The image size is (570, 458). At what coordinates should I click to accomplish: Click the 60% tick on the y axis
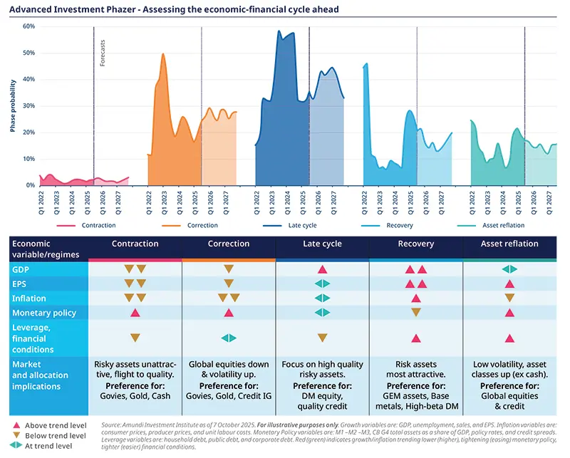click(x=28, y=26)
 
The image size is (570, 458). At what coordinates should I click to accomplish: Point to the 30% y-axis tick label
click(x=28, y=106)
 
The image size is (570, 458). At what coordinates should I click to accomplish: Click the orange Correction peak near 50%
click(x=163, y=55)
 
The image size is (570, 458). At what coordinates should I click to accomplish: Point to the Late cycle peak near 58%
click(x=279, y=32)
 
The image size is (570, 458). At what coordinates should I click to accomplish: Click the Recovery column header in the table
click(x=415, y=244)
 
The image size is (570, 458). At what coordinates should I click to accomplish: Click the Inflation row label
click(x=29, y=298)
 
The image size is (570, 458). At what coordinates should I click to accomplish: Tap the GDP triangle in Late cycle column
click(x=322, y=269)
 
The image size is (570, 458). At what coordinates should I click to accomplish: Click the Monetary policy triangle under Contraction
click(x=135, y=313)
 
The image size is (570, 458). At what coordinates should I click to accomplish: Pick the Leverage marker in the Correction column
click(x=229, y=338)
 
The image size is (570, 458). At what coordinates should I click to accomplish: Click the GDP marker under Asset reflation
click(x=509, y=269)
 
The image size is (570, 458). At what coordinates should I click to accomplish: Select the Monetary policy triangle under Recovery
click(x=416, y=313)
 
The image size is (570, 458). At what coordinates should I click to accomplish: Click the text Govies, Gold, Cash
click(x=135, y=397)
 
